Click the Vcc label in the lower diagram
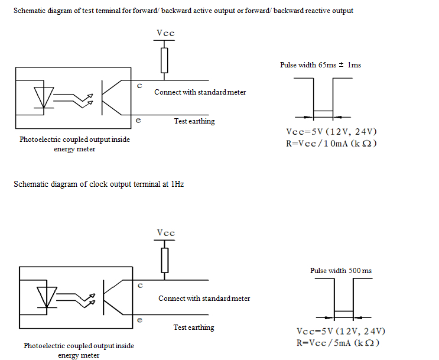tap(166, 233)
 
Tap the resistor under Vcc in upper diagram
tap(165, 60)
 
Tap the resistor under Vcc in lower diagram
tap(165, 259)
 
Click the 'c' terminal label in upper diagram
tap(139, 86)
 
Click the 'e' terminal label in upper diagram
tap(138, 120)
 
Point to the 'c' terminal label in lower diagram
tap(140, 286)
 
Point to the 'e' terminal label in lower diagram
tap(139, 320)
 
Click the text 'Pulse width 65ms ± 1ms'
tap(320, 65)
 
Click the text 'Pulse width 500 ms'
tap(341, 271)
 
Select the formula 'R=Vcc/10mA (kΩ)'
tap(331, 144)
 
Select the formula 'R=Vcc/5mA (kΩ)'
tap(337, 343)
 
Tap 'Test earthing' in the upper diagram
tap(194, 121)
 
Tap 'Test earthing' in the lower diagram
tap(194, 327)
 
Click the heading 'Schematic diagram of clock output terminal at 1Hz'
tap(99, 184)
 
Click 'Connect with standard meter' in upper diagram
tap(200, 92)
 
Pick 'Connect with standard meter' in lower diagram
tap(204, 299)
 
